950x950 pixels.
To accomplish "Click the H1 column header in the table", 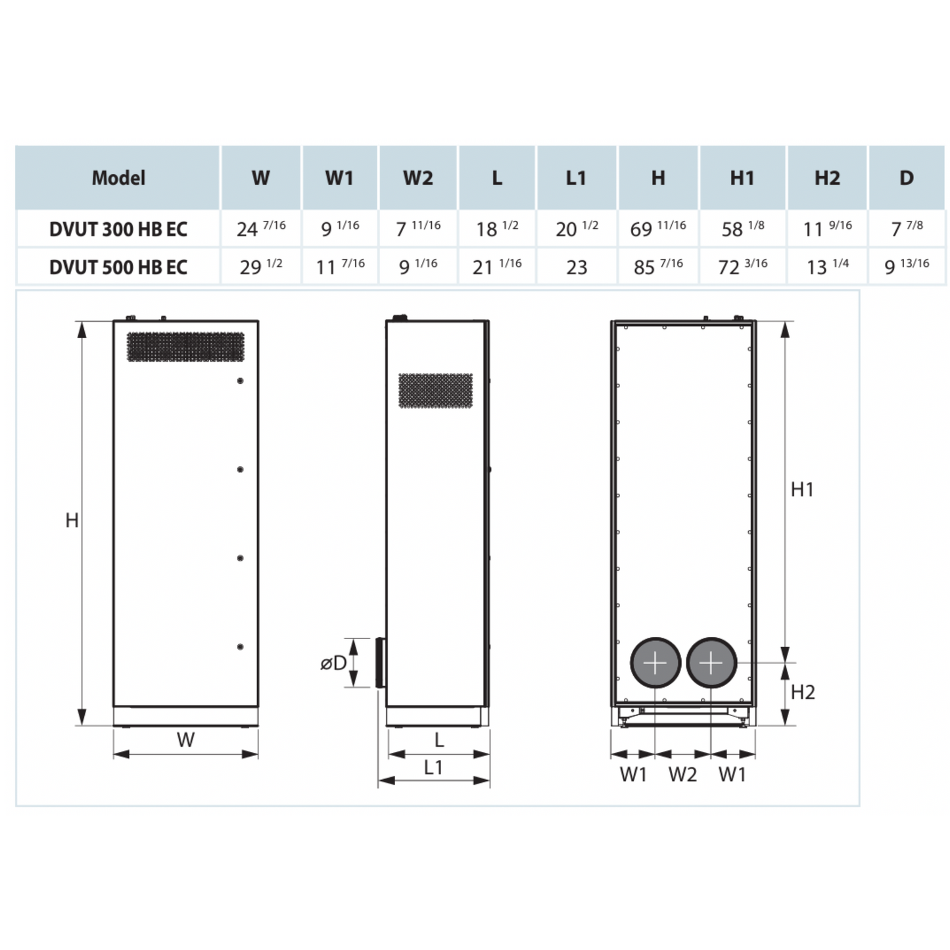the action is [742, 178].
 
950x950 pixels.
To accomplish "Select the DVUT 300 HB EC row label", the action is [118, 229].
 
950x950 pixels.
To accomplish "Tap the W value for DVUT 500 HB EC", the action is [261, 267].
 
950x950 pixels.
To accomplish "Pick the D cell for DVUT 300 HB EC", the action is [907, 229].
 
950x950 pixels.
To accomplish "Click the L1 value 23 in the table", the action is [577, 267].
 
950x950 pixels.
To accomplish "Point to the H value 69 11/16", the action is [657, 229].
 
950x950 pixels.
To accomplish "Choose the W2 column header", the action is [417, 178].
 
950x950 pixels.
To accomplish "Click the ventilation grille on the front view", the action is [185, 346].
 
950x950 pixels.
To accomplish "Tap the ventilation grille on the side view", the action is [435, 391].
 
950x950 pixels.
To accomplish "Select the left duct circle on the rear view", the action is [655, 663].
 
